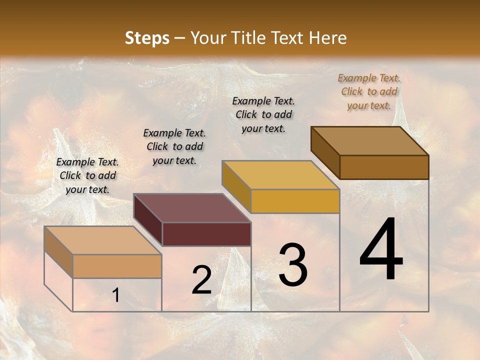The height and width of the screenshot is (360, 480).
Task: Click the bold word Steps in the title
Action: [x=147, y=38]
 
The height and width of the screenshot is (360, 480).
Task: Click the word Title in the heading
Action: [x=248, y=38]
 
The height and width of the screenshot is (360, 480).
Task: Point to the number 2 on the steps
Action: [x=201, y=280]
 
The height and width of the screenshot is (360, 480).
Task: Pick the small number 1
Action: [x=116, y=295]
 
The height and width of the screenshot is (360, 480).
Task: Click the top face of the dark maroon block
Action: [x=192, y=208]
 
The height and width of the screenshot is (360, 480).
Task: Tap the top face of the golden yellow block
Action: [x=280, y=175]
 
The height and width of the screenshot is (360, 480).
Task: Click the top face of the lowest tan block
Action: [x=102, y=240]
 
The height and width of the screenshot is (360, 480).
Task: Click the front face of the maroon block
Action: [x=206, y=234]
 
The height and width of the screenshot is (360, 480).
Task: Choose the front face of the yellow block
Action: [x=295, y=201]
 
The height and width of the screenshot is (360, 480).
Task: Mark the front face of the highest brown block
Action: [x=384, y=167]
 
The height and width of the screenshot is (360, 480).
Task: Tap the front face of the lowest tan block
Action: [x=117, y=266]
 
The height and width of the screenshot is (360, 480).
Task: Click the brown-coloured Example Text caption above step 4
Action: [x=369, y=91]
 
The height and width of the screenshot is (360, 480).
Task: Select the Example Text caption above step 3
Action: [x=263, y=114]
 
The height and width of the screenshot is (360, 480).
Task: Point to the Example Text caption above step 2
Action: [x=174, y=146]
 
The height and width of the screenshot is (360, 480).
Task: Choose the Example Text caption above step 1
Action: [x=87, y=175]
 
